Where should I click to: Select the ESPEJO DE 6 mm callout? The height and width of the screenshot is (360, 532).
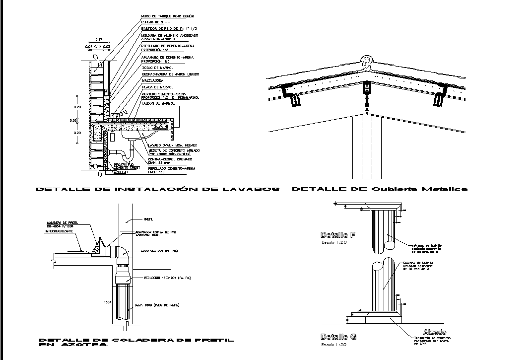point(156,23)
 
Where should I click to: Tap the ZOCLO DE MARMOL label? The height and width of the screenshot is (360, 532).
point(156,68)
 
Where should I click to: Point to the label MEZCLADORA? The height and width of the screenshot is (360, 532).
point(152,80)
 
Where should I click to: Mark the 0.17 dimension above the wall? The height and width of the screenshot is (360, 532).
point(99,39)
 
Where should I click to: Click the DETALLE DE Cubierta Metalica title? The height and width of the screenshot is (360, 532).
point(379,189)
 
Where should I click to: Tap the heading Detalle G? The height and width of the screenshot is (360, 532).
point(338,337)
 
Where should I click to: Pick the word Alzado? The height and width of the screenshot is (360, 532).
point(434,332)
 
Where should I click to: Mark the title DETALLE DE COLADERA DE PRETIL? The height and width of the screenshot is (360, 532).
point(135,340)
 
